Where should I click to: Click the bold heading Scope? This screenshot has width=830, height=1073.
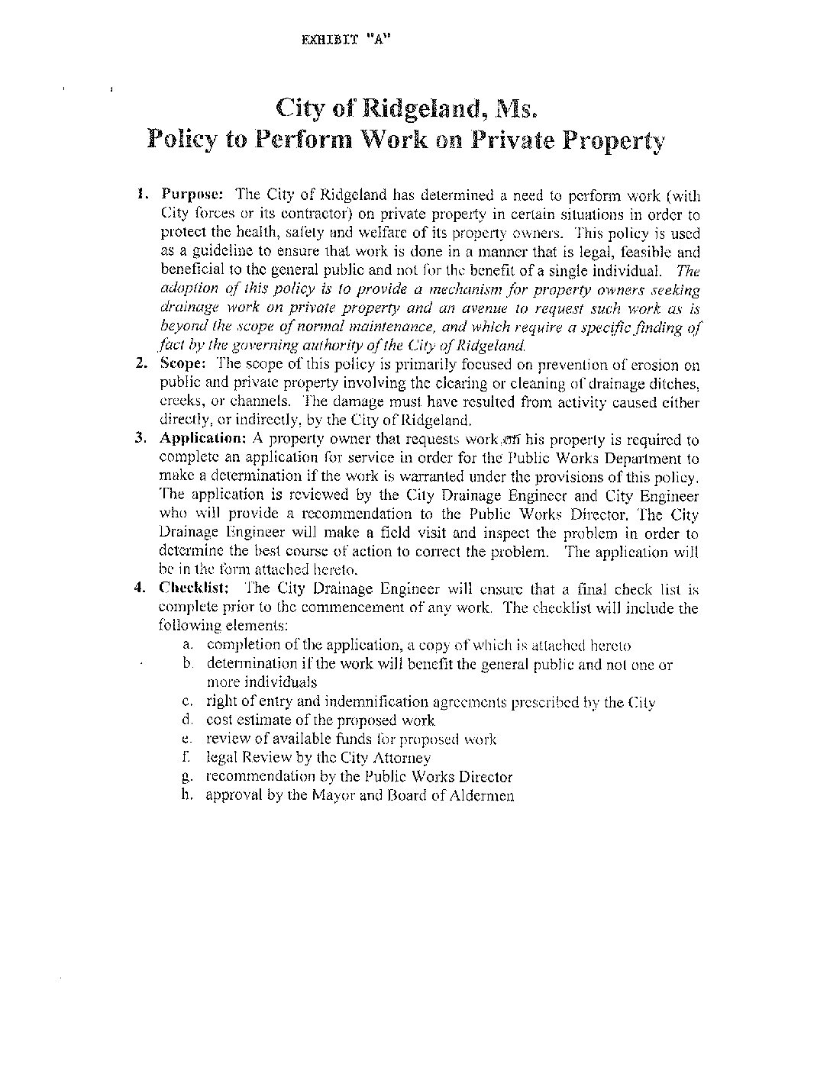coord(180,364)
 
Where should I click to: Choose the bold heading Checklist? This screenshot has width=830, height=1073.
coord(195,588)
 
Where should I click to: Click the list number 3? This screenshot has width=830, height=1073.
coord(140,439)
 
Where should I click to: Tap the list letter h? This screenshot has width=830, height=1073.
coord(187,795)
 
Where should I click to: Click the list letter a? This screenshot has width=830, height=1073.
coord(187,646)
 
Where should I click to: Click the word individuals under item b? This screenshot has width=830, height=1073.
coord(261,682)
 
